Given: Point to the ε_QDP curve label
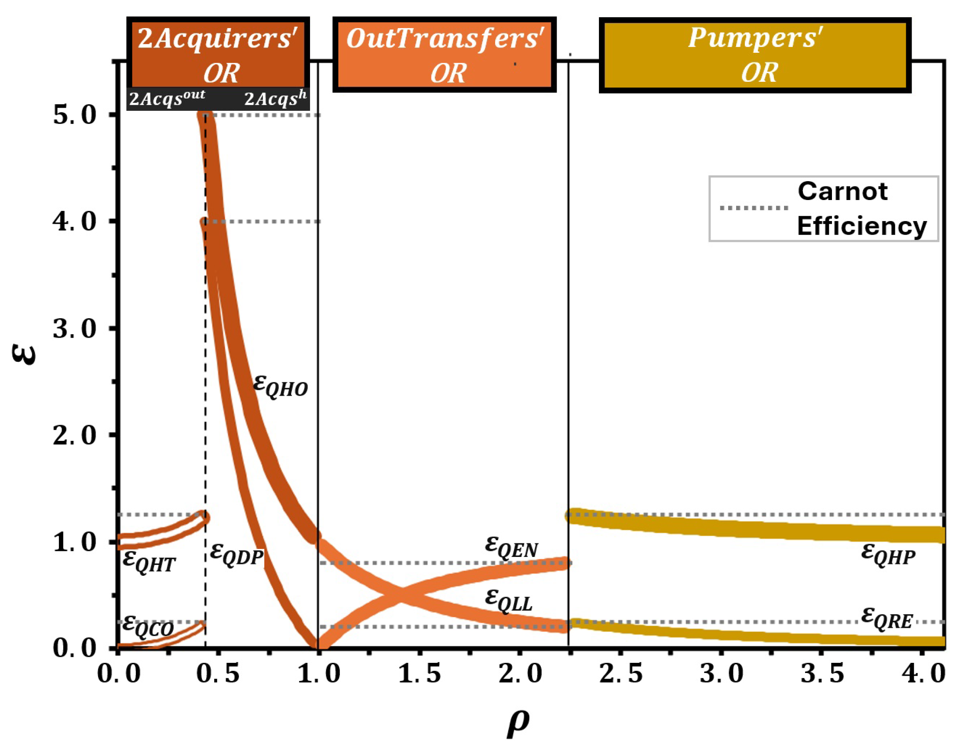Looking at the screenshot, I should coord(237,554).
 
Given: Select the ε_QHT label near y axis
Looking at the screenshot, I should coord(149,562).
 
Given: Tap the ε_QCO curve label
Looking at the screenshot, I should coord(148,626).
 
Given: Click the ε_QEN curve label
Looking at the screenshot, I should coord(511,548).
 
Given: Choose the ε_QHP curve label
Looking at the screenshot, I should coord(888,554).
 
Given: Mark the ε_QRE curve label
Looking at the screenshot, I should coord(887,618).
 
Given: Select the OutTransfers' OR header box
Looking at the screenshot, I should coord(444,55).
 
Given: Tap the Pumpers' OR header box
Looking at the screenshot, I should coord(755,55).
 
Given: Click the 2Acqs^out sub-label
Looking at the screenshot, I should coord(167,98).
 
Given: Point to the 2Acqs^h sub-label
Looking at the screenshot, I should coord(275,98).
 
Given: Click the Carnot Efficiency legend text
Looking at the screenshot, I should coord(861,209).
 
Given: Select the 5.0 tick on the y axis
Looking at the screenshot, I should coord(74,116).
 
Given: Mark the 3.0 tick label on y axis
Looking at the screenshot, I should coord(74,329).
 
